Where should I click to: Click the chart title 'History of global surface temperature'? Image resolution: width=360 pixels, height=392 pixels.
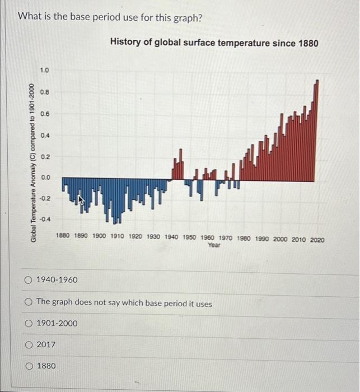[214, 42]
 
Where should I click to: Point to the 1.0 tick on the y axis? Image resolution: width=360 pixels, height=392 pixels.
[45, 70]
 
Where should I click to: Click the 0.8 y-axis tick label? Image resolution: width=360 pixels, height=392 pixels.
[45, 91]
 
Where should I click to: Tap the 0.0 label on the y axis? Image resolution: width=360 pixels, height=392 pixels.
[45, 178]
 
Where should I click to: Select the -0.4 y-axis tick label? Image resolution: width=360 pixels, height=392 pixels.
[44, 219]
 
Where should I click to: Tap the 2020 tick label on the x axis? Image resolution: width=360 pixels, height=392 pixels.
[316, 239]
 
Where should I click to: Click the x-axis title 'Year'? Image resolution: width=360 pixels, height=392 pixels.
[214, 245]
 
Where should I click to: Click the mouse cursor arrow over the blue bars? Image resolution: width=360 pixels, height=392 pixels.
[81, 200]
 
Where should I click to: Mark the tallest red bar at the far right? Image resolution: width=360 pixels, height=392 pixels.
[317, 129]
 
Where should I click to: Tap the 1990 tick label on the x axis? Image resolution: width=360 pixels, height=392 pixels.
[262, 239]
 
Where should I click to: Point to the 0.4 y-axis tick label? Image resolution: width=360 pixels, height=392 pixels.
[45, 135]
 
